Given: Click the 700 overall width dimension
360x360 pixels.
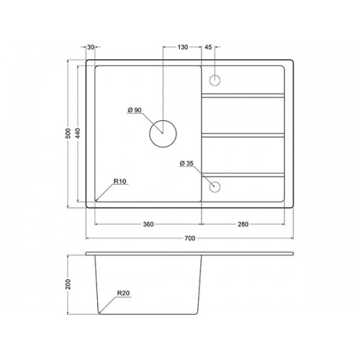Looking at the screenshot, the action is coord(190,238).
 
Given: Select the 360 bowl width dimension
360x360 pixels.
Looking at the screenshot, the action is coord(148,225).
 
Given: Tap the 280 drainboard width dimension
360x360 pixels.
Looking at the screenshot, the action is coord(243,225).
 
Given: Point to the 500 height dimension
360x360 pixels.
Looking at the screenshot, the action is coord(68,133).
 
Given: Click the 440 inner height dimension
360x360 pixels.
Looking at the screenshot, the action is coord(78,133).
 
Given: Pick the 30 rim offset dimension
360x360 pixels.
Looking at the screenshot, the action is coord(91,48).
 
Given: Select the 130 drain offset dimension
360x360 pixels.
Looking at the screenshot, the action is coord(183,48).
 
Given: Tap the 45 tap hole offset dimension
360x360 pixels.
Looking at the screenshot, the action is coord(208,48).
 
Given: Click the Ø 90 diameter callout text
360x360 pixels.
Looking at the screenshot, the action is coord(135,110).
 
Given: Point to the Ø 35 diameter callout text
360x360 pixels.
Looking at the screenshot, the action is coord(186,163).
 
